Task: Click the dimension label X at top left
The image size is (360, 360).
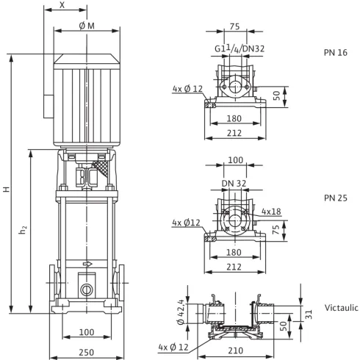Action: (x=61, y=5)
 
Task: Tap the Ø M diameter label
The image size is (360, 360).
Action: (x=86, y=26)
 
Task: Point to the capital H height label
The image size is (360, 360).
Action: (x=7, y=189)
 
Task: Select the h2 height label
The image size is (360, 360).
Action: (x=23, y=230)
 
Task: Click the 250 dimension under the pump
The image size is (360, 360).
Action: (x=86, y=352)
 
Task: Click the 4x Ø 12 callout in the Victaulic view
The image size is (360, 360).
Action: (x=174, y=346)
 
